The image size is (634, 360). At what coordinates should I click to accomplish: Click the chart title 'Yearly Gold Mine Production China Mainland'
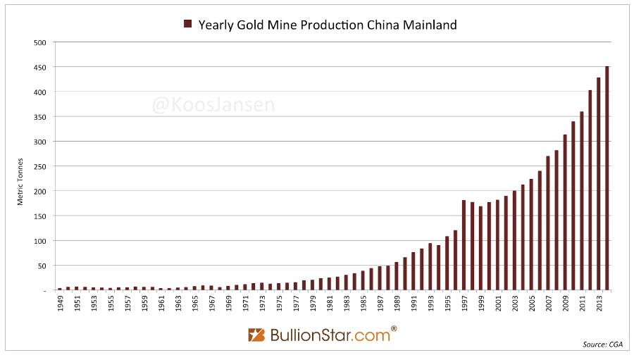328,25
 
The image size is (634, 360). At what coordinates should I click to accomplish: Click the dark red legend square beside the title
188,25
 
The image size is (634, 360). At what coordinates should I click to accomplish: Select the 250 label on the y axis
41,167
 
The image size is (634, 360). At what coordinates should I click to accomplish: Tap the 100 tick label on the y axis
41,241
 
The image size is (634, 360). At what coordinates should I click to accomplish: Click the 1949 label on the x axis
60,304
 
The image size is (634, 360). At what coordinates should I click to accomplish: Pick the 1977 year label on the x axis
296,304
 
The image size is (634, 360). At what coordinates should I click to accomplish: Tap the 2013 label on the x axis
599,304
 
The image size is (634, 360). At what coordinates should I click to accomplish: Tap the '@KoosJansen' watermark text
213,106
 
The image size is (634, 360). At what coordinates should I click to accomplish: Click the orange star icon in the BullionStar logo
256,335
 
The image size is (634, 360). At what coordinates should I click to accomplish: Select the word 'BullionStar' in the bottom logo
304,335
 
